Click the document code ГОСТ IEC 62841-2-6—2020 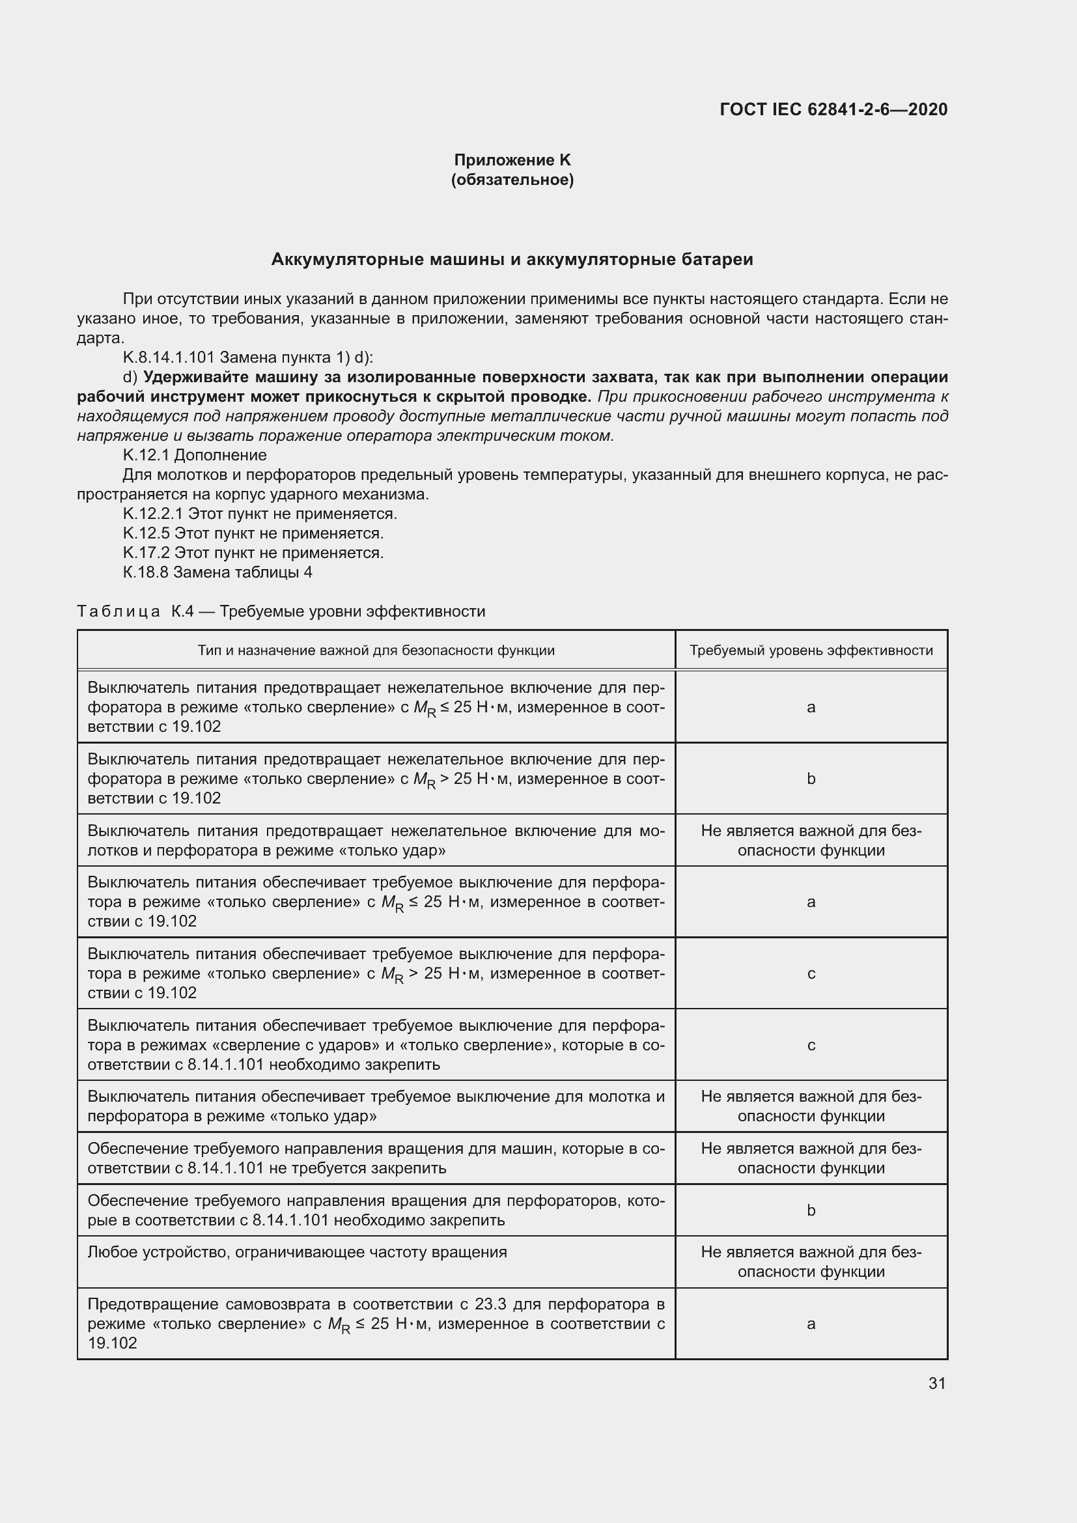[x=833, y=109]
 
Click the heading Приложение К [x=512, y=160]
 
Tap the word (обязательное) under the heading [x=512, y=180]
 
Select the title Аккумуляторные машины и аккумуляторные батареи [x=512, y=259]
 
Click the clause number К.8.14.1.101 [x=169, y=357]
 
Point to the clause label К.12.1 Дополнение [x=195, y=455]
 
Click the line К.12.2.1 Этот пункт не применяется [x=260, y=513]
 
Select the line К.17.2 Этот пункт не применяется [x=253, y=553]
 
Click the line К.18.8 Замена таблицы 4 [x=217, y=572]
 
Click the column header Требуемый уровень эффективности [x=811, y=650]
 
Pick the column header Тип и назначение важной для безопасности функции [x=376, y=650]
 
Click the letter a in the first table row [x=811, y=707]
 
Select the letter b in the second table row [x=811, y=779]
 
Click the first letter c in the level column [x=811, y=973]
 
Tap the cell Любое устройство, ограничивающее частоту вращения [x=297, y=1252]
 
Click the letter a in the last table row [x=811, y=1324]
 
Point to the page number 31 [x=936, y=1383]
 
